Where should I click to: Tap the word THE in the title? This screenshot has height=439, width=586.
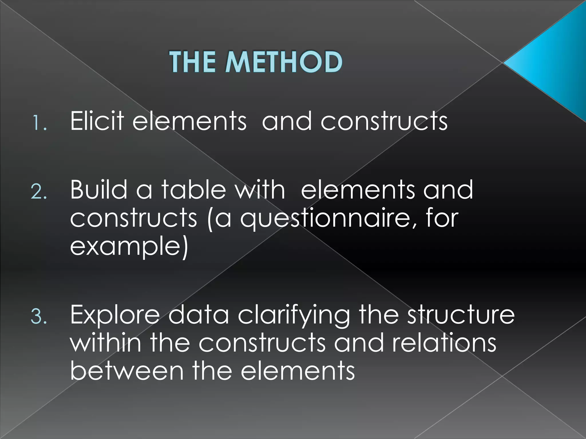[x=193, y=62]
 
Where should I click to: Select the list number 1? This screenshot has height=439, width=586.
[x=39, y=123]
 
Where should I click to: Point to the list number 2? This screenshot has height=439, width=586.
[x=39, y=192]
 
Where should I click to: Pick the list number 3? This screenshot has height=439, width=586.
[x=39, y=317]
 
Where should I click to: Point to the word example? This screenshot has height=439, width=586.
[x=129, y=246]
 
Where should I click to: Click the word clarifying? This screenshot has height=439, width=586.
[x=294, y=316]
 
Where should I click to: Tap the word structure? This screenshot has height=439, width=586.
[x=460, y=315]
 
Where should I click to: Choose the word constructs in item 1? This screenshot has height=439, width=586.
[x=384, y=121]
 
